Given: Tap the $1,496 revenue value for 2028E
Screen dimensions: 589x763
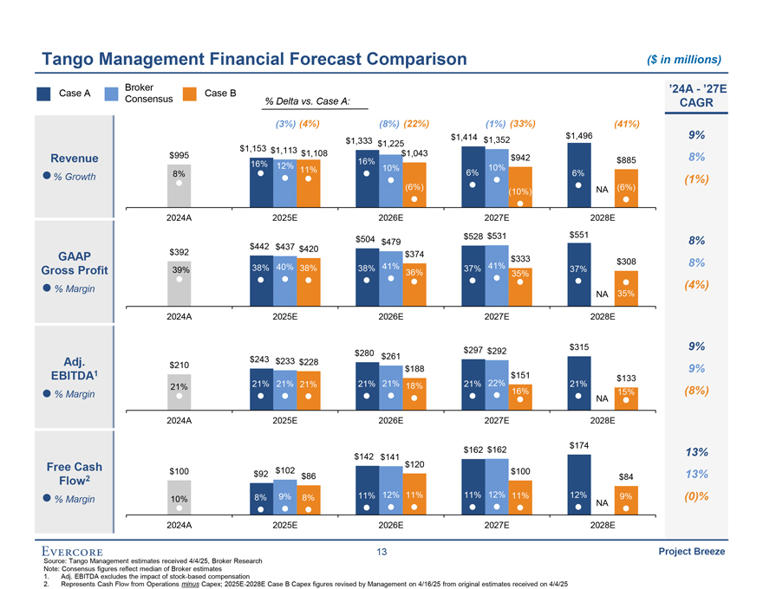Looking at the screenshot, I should click(578, 136).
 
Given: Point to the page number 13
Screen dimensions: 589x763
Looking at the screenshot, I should click(381, 552).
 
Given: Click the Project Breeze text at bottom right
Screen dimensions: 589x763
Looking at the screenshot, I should click(691, 552).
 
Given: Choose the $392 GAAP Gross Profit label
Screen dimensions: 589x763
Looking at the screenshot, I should click(179, 252).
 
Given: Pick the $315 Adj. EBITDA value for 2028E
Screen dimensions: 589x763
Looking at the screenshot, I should click(578, 347).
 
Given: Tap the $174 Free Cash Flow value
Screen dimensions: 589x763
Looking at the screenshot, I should click(578, 445).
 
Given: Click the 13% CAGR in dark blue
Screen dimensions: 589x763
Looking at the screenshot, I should click(697, 452).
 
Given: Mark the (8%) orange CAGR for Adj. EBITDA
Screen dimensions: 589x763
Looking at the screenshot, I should click(697, 392).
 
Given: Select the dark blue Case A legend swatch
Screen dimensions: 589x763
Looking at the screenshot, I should click(43, 94).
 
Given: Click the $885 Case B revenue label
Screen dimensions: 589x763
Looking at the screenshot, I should click(626, 160).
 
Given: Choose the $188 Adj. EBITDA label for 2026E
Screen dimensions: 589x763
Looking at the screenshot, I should click(414, 369).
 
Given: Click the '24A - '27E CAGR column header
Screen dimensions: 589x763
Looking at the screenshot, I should click(697, 95).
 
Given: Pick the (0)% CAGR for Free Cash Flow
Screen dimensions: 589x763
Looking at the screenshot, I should click(697, 497).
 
